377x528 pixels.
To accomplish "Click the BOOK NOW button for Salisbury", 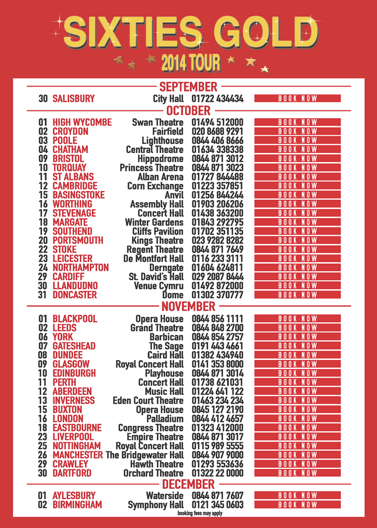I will [x=297, y=98].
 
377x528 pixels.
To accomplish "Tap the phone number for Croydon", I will [x=217, y=131].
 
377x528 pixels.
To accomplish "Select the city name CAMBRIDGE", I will [x=75, y=186].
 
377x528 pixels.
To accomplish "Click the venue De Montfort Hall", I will [x=153, y=259].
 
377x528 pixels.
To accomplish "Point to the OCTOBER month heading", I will [x=188, y=111].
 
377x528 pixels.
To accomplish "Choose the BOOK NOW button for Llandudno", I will [x=297, y=286].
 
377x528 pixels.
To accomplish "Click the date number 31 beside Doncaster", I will [x=43, y=295].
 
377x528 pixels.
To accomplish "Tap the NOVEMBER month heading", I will [x=188, y=306].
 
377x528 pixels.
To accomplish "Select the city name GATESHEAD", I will [x=74, y=346].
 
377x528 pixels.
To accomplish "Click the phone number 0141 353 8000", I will [x=217, y=364].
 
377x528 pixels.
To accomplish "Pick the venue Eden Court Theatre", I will [x=148, y=400].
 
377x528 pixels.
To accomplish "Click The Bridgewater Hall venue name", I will [x=145, y=455].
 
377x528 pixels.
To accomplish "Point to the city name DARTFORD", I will [x=72, y=473].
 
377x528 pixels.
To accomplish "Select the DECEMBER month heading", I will [x=188, y=484].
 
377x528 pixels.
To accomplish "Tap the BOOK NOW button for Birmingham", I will [x=297, y=505].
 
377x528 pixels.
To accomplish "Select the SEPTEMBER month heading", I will [x=188, y=87].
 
